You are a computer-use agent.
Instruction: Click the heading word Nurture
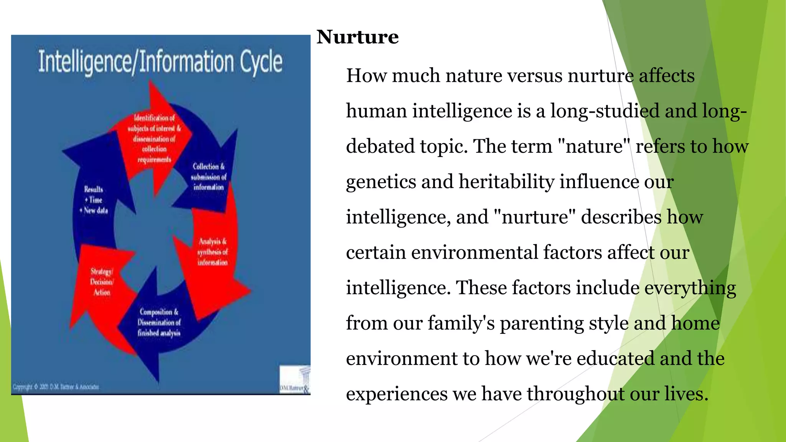pos(357,37)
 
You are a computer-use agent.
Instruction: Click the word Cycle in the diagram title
pos(261,62)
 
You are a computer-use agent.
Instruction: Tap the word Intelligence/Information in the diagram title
pos(136,62)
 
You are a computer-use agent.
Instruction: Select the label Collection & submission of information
pos(208,177)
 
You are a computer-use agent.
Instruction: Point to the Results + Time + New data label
pos(94,200)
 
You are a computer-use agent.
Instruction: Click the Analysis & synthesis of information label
pos(212,252)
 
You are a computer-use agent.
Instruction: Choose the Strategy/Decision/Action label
pos(102,282)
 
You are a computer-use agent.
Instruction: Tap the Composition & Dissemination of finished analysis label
pos(159,323)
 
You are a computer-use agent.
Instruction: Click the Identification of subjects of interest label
pos(154,139)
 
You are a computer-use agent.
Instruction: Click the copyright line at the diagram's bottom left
pos(56,387)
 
